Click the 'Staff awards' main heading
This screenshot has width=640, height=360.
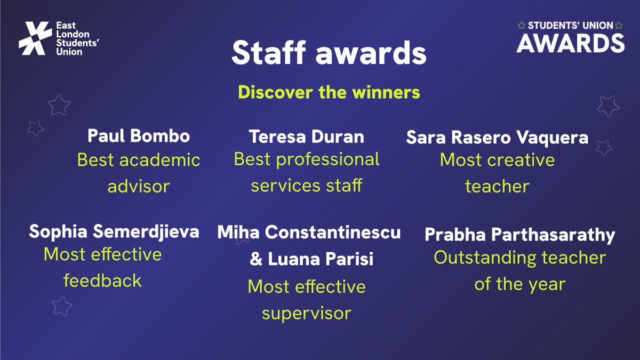[x=329, y=54]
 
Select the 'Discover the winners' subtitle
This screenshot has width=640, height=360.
[x=329, y=92]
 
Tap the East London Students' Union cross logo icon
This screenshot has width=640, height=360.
[x=35, y=38]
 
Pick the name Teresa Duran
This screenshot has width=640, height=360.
[x=307, y=137]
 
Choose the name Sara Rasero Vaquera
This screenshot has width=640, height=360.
[x=497, y=138]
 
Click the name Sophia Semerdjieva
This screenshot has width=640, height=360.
[x=114, y=231]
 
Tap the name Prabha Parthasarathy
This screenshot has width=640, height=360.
[x=519, y=235]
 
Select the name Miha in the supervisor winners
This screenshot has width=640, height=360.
[x=239, y=233]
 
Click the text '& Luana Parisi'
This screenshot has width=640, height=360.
[x=311, y=259]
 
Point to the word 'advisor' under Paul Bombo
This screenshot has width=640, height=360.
[x=139, y=186]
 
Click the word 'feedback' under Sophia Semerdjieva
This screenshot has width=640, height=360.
[x=102, y=280]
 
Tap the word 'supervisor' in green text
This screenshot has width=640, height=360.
[x=306, y=313]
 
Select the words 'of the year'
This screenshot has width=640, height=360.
[x=519, y=284]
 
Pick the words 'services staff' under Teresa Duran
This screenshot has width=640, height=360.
[x=306, y=185]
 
